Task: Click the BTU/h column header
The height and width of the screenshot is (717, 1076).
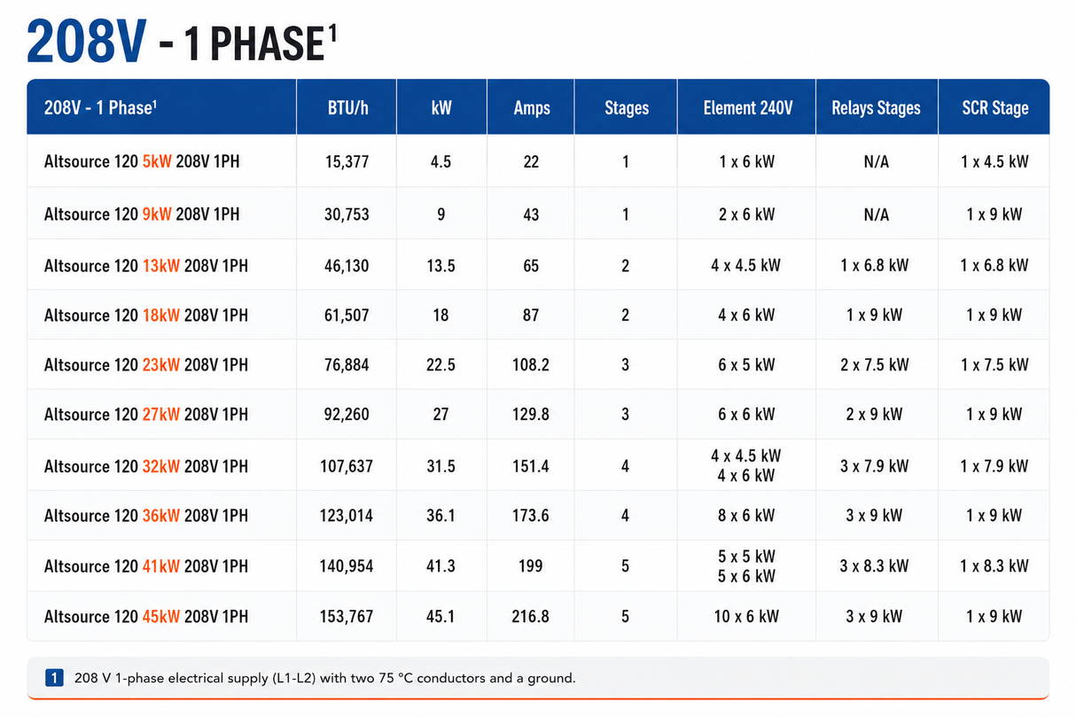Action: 347,108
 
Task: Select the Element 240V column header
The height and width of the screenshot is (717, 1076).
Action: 748,108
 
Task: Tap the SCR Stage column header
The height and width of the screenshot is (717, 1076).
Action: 994,108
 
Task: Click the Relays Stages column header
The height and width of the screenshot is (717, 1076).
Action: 876,108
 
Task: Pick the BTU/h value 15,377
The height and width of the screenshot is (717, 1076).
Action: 347,162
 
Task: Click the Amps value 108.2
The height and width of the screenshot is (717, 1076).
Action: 530,365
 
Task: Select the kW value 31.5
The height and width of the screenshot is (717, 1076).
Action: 441,466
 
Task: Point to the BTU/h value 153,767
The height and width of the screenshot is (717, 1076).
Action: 347,617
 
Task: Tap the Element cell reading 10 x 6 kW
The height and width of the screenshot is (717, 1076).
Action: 746,617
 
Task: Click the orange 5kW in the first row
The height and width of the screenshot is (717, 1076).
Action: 157,162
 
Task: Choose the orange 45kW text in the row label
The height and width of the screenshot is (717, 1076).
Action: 161,617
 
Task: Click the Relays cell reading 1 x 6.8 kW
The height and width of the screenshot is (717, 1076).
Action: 874,266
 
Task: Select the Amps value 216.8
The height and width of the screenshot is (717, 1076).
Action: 530,617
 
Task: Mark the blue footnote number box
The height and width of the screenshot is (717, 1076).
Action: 54,678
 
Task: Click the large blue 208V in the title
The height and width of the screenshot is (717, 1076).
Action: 86,42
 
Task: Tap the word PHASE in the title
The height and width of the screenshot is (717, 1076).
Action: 267,44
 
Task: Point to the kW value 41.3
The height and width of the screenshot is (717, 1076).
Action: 441,566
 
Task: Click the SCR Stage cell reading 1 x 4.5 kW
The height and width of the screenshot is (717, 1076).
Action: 994,162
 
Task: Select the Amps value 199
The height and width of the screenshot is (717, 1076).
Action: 530,566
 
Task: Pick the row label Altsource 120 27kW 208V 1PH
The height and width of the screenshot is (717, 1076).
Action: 146,415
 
